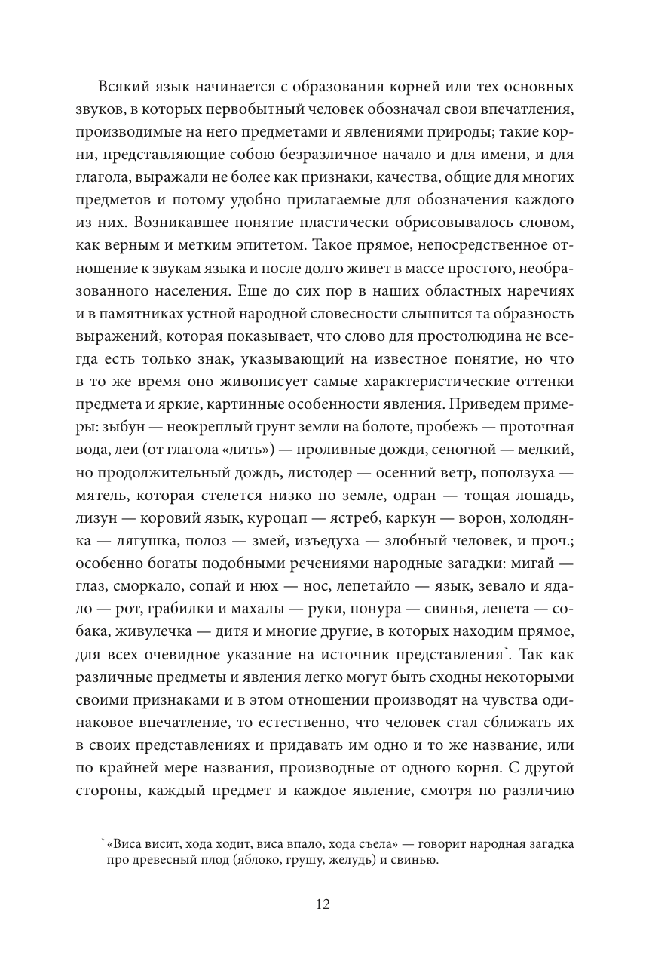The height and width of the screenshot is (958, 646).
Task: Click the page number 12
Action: click(x=323, y=905)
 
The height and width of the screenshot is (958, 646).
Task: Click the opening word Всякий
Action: click(x=119, y=86)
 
